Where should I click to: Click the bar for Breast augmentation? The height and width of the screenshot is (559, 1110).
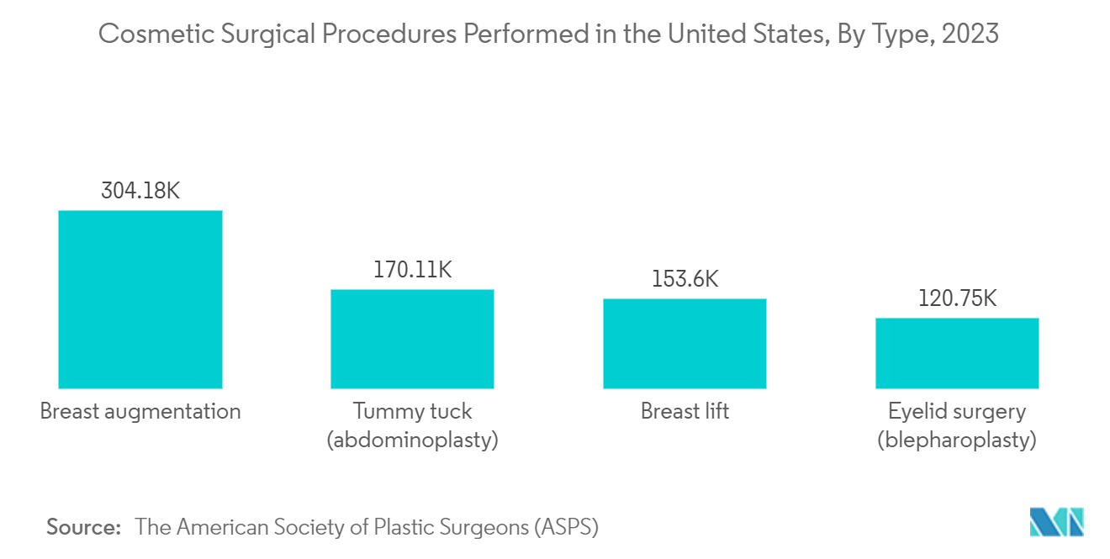click(x=140, y=299)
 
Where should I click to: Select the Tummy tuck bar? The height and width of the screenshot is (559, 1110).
click(x=412, y=339)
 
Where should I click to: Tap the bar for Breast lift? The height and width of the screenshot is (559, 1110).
click(x=684, y=344)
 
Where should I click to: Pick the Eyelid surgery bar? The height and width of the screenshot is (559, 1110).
click(x=957, y=353)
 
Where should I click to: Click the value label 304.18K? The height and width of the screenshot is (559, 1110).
click(x=140, y=191)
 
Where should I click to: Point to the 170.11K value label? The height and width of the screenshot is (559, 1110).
click(x=413, y=270)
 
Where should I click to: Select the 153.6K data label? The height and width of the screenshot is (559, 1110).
click(x=684, y=279)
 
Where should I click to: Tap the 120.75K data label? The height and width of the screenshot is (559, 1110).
click(x=957, y=298)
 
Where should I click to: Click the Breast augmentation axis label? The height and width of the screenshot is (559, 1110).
click(x=140, y=412)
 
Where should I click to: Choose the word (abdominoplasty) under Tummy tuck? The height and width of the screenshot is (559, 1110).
click(x=412, y=440)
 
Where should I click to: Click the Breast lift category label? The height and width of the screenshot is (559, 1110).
click(x=684, y=411)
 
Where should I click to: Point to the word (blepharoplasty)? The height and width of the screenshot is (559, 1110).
click(x=957, y=440)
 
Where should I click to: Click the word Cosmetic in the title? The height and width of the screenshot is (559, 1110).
click(x=156, y=34)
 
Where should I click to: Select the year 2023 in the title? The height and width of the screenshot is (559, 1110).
click(x=970, y=34)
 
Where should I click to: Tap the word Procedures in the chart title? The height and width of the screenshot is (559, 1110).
click(x=389, y=34)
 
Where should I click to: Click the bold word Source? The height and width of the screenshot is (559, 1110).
click(x=84, y=527)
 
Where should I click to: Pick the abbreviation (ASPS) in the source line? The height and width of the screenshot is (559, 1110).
click(x=567, y=527)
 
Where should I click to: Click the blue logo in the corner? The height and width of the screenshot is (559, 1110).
click(x=1057, y=522)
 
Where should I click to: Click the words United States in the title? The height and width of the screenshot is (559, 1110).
click(x=748, y=34)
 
